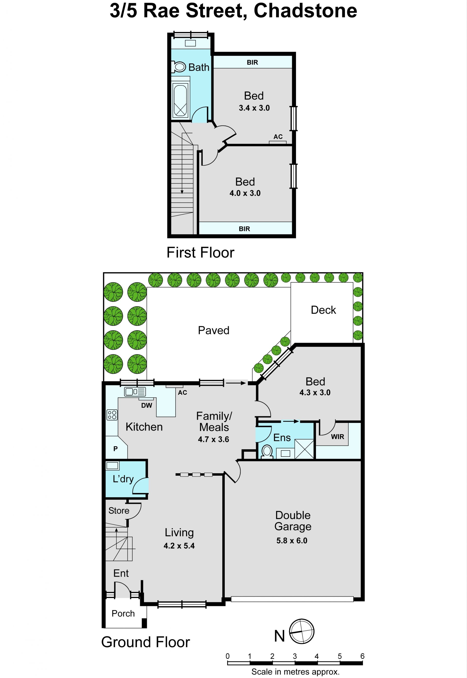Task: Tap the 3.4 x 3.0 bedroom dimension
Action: coord(254,108)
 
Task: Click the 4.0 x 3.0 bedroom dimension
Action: coord(245,193)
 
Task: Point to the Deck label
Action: coord(323,310)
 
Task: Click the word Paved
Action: coord(214,330)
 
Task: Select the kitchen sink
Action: coord(135,392)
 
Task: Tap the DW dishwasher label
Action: coord(147,405)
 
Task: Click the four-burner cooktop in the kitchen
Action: coord(112,415)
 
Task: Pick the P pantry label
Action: coord(116,449)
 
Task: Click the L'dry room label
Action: coord(123,479)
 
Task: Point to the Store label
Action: coord(119,511)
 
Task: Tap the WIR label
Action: coord(337,437)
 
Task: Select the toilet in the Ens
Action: coord(267,452)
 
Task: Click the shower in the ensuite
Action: coord(304,449)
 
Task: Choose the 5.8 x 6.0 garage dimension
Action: coord(292,541)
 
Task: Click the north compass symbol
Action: coord(302,632)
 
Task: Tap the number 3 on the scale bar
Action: coord(295,656)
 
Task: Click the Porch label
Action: coord(123,614)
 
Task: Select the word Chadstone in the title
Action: coord(305,11)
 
